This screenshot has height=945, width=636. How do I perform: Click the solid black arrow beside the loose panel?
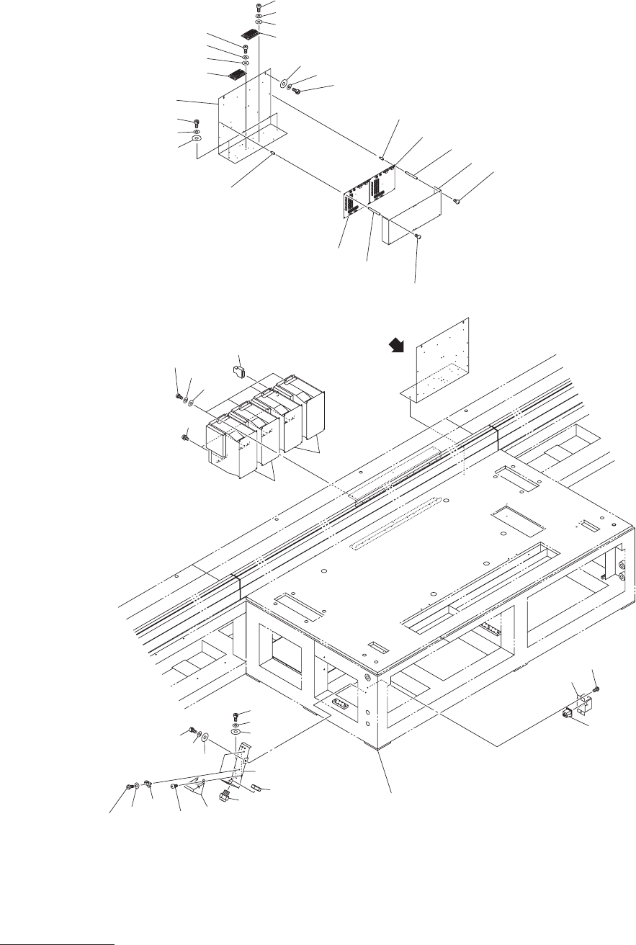point(394,348)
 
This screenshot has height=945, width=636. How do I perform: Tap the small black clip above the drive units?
point(239,372)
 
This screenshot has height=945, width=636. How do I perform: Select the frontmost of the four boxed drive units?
point(229,447)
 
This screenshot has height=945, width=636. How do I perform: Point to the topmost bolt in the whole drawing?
point(259,6)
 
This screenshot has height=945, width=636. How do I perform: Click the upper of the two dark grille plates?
point(251,34)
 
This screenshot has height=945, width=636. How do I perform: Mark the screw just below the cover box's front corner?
point(419,236)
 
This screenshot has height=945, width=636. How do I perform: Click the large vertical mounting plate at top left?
point(245,115)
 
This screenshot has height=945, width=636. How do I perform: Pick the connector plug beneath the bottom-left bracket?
point(225,798)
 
